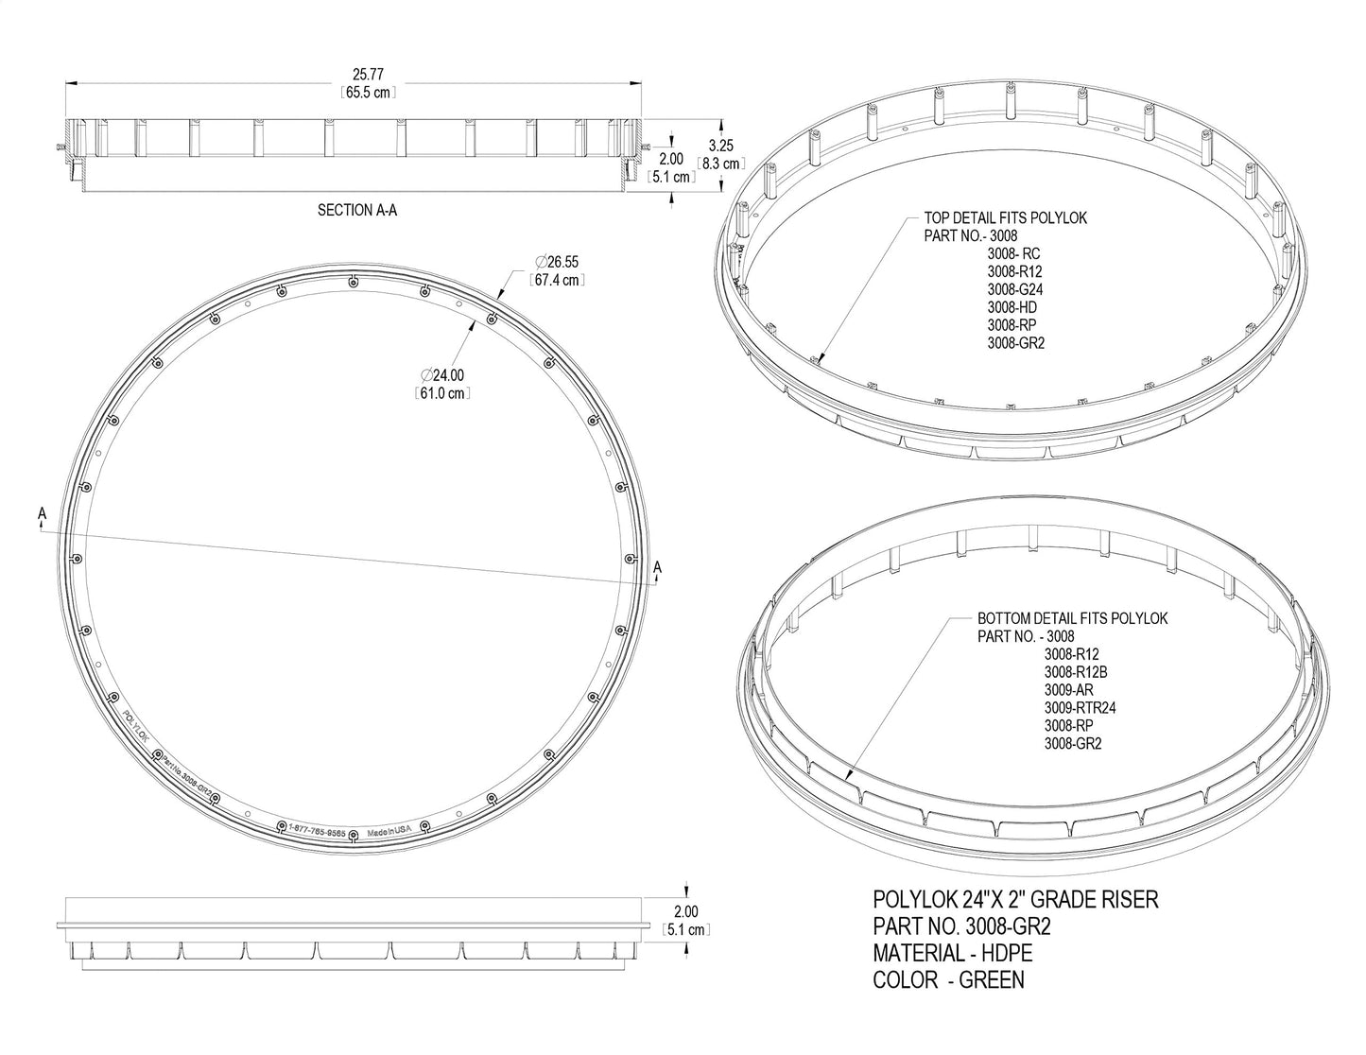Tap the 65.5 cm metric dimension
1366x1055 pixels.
tap(367, 93)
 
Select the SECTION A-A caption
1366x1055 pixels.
tap(356, 210)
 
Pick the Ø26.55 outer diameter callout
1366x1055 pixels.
tap(557, 262)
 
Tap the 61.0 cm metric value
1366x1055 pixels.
tap(442, 393)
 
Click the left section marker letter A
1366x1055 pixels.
tap(42, 513)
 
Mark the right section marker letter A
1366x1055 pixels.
tap(658, 566)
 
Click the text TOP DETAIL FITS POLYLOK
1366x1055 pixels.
tap(1005, 218)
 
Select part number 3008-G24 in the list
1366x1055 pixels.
tap(1015, 289)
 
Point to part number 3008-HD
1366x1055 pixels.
tap(1012, 307)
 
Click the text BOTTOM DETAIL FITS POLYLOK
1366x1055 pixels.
tap(1072, 618)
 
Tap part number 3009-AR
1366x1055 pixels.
tap(1068, 690)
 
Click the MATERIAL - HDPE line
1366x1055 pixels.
tap(952, 953)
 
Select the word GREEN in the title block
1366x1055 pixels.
tap(991, 980)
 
